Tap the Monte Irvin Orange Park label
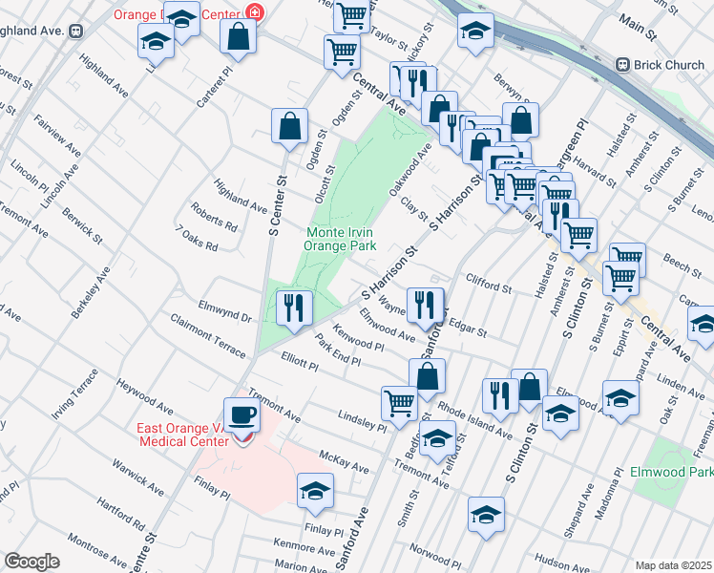click(339, 239)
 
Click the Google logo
click(31, 562)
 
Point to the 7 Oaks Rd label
click(198, 239)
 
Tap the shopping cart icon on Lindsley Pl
click(398, 402)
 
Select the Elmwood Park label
click(672, 473)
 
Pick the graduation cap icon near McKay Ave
click(314, 492)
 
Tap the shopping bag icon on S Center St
click(288, 126)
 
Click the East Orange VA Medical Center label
click(183, 434)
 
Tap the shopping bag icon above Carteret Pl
click(238, 38)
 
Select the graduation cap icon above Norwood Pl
click(486, 516)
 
